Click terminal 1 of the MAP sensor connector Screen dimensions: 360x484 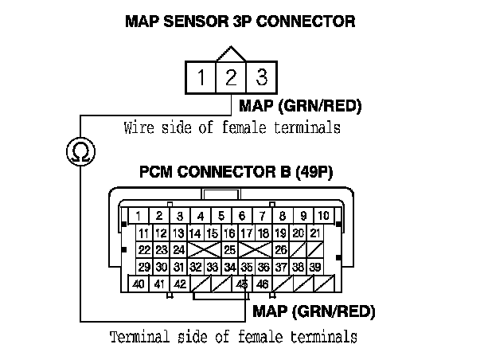click(x=202, y=78)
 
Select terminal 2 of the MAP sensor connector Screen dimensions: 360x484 click(x=231, y=78)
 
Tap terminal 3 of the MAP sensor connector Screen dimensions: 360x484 click(x=260, y=78)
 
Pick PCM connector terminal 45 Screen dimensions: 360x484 click(x=242, y=284)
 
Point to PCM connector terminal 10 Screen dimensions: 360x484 click(x=323, y=216)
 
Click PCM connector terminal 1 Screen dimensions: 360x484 click(x=139, y=216)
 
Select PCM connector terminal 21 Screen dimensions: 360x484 click(x=315, y=233)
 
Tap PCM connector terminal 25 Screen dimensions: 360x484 click(x=229, y=250)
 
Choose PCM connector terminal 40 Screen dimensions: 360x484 click(x=139, y=284)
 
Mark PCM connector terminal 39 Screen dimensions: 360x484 click(x=315, y=267)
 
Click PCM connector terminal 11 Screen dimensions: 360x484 click(x=143, y=233)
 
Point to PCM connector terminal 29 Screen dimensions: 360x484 click(x=143, y=267)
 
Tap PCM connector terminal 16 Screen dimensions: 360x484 click(x=229, y=233)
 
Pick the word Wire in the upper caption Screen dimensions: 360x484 click(x=138, y=127)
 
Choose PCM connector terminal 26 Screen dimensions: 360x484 click(x=280, y=250)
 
